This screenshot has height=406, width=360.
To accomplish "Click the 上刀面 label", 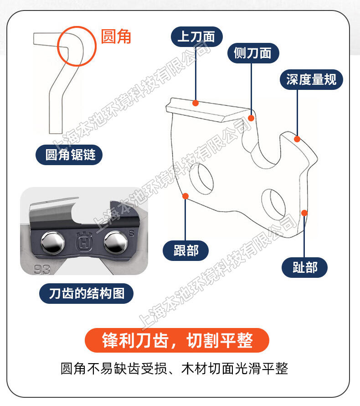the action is tap(196, 36).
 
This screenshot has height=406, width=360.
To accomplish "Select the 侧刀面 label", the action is tap(253, 53).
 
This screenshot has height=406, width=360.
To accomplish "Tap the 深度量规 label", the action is tap(311, 79).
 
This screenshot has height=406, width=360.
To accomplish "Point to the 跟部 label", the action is tap(185, 250).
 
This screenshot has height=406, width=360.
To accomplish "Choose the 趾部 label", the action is tap(304, 267).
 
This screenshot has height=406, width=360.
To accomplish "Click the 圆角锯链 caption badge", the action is tap(69, 155).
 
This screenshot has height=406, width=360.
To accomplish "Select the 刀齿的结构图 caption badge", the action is tap(87, 294).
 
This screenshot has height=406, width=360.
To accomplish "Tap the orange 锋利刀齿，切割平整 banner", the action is tap(177, 340).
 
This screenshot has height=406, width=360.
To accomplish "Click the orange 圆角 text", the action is tap(116, 36).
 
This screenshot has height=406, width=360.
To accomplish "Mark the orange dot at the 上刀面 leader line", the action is tap(195, 103).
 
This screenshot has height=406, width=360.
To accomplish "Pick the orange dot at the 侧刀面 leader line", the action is tap(251, 118).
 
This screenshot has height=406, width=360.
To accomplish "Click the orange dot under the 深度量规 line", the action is tap(297, 139).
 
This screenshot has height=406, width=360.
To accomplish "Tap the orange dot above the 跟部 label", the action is tap(185, 196).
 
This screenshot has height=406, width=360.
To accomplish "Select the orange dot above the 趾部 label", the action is tap(304, 213).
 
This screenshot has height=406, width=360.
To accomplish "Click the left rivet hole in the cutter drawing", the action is tap(201, 178).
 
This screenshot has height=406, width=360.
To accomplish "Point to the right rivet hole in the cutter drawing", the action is tap(273, 204).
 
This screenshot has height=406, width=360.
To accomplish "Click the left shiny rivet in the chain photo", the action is tap(53, 243).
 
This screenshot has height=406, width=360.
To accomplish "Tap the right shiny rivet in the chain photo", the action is tap(116, 242).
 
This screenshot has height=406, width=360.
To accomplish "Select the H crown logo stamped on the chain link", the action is tap(84, 241).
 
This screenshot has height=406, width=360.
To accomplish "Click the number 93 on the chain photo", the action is tap(41, 270).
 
